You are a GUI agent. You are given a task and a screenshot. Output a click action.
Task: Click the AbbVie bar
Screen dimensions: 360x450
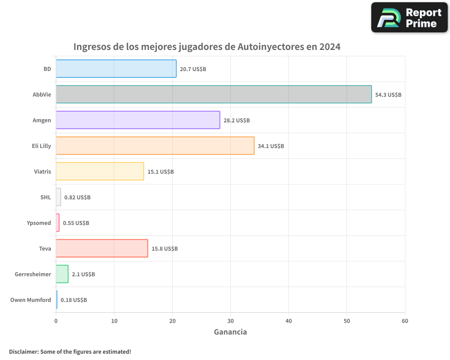pyautogui.click(x=214, y=94)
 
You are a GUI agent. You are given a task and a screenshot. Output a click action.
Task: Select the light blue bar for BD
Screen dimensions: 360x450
pyautogui.click(x=116, y=69)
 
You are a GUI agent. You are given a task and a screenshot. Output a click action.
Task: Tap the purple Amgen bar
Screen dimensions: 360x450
pyautogui.click(x=138, y=120)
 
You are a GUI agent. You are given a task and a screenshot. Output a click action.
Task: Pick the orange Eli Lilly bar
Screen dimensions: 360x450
pyautogui.click(x=155, y=146)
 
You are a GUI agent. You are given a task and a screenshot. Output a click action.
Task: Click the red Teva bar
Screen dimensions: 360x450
pyautogui.click(x=102, y=248)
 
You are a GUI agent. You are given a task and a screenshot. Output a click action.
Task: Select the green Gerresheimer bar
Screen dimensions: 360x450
pyautogui.click(x=62, y=274)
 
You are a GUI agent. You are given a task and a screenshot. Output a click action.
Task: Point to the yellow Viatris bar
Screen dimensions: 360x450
pyautogui.click(x=100, y=171)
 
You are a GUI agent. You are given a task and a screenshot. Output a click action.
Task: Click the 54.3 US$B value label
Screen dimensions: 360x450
pyautogui.click(x=388, y=95)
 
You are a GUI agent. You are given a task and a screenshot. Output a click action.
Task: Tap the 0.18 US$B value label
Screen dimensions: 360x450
pyautogui.click(x=74, y=300)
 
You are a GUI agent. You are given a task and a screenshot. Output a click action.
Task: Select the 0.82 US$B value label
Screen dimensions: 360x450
pyautogui.click(x=77, y=198)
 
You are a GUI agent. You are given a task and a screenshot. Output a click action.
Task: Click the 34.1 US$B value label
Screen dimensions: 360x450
pyautogui.click(x=271, y=146)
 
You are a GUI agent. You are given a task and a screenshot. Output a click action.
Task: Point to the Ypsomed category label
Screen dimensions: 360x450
pyautogui.click(x=39, y=223)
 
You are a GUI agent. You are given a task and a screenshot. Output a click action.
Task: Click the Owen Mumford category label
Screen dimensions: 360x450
pyautogui.click(x=31, y=300)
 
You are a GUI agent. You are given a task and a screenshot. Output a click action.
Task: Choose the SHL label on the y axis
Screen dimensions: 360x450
pyautogui.click(x=45, y=197)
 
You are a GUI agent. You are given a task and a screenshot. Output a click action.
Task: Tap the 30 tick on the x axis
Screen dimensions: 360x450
pyautogui.click(x=230, y=321)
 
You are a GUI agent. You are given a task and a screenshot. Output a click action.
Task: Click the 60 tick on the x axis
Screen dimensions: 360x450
pyautogui.click(x=405, y=321)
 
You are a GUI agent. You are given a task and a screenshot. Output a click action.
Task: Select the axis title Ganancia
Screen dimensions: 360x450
pyautogui.click(x=230, y=332)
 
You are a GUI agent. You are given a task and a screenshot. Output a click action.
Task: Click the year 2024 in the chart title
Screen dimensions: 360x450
pyautogui.click(x=330, y=47)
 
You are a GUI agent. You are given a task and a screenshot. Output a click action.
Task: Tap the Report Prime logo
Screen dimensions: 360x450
pyautogui.click(x=409, y=18)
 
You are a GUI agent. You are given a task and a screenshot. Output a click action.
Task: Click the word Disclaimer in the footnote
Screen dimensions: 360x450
pyautogui.click(x=23, y=351)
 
